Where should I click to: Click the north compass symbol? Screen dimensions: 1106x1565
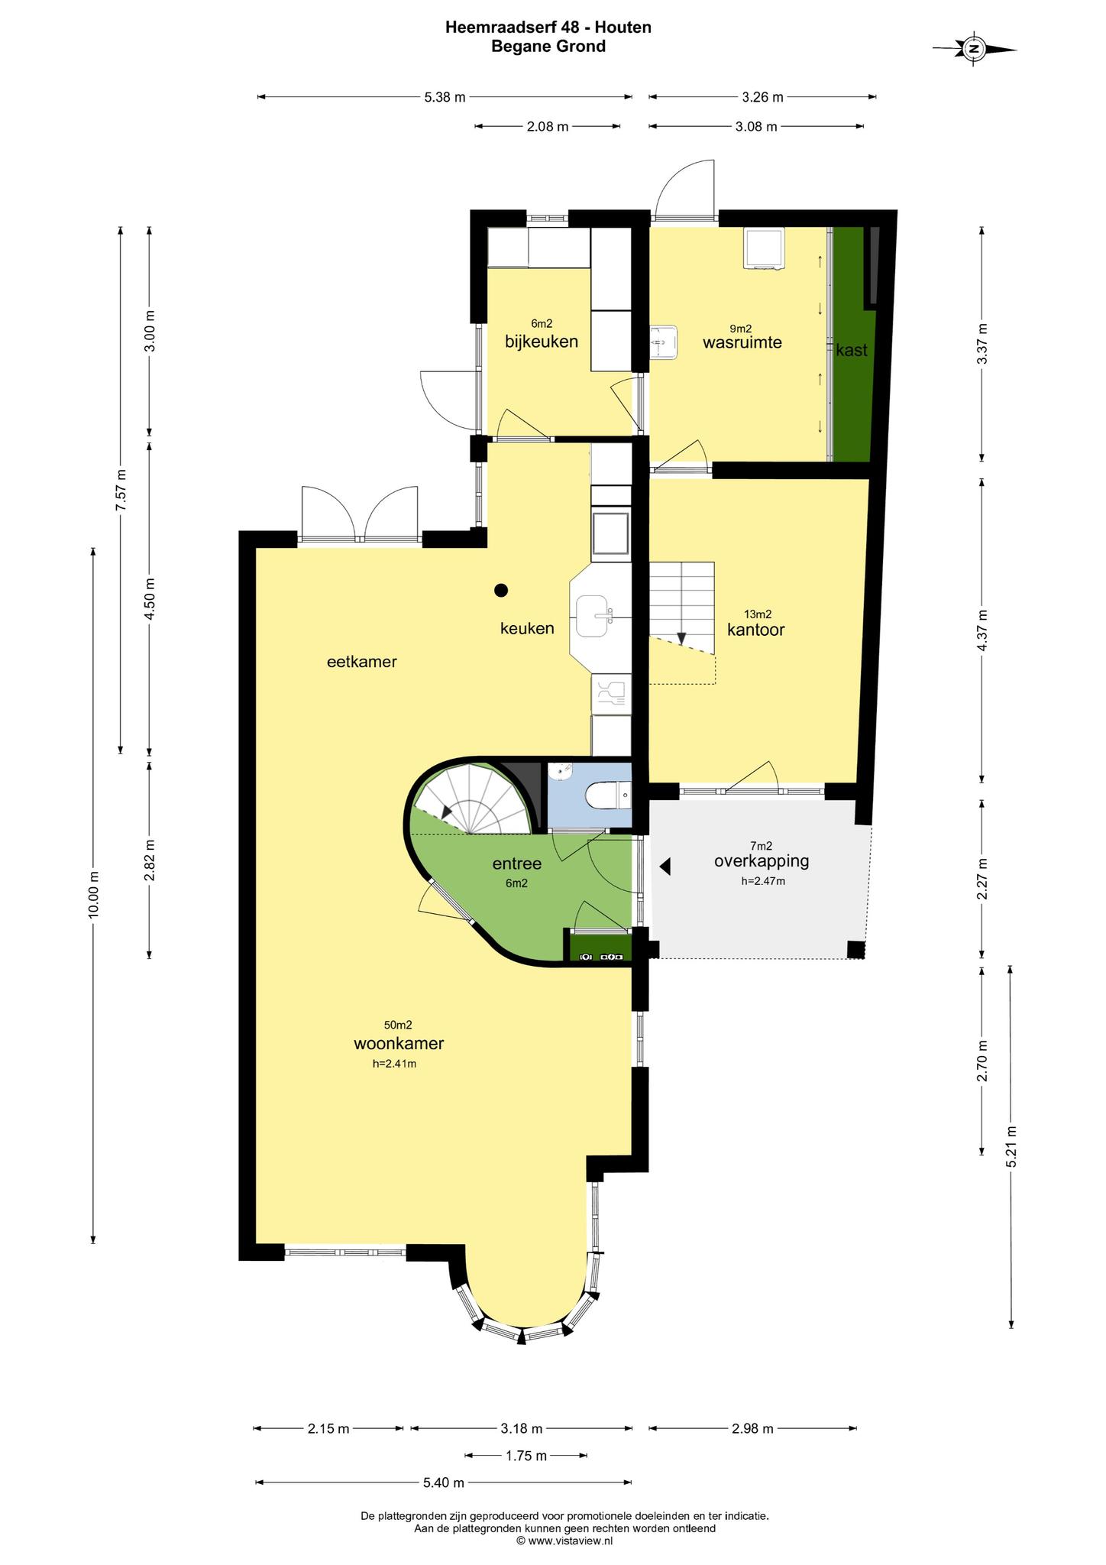(x=974, y=49)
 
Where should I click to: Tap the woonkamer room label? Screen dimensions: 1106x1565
(x=399, y=1043)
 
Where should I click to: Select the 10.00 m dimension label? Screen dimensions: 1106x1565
(x=93, y=894)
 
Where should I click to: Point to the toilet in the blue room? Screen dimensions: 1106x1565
(x=607, y=796)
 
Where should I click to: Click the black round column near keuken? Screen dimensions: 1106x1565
(x=501, y=589)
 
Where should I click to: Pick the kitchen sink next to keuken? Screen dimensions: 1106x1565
(x=594, y=617)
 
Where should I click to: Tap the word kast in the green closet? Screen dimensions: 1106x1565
(x=852, y=350)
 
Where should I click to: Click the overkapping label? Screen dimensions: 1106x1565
(x=762, y=860)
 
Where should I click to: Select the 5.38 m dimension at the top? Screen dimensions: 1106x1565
(x=445, y=97)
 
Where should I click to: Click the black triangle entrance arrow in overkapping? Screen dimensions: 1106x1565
(x=665, y=866)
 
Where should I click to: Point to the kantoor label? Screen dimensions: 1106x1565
(x=756, y=630)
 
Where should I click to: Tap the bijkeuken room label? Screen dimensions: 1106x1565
(x=542, y=341)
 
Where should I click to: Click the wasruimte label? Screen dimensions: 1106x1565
(x=742, y=342)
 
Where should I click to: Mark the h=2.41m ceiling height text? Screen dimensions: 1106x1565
(x=394, y=1064)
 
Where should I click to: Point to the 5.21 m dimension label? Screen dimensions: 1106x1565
(x=1011, y=1146)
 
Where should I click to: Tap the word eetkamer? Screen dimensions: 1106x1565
(x=362, y=662)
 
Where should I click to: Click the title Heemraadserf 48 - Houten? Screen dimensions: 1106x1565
(x=548, y=28)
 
